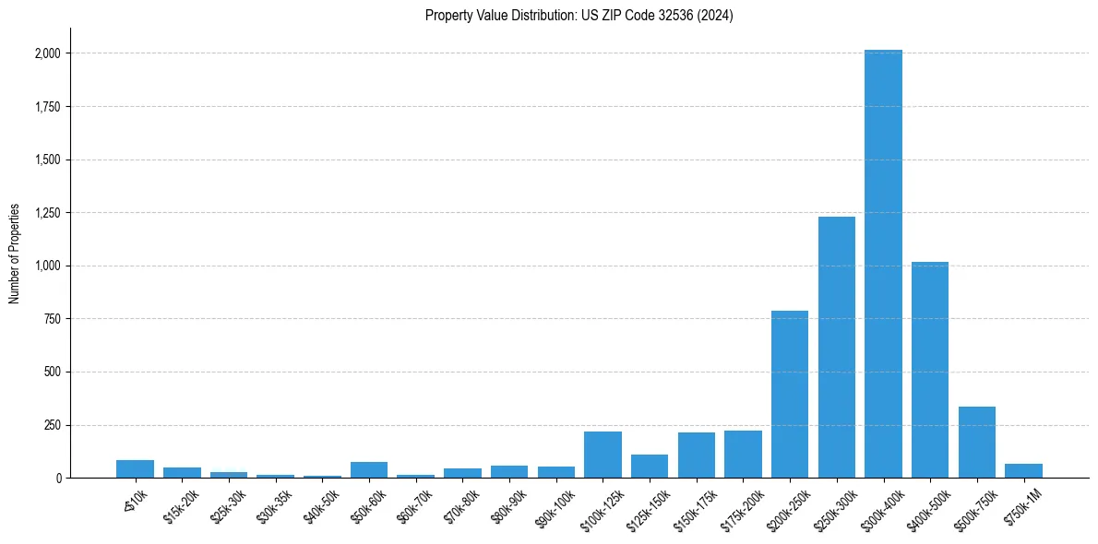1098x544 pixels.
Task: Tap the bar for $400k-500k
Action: pyautogui.click(x=930, y=370)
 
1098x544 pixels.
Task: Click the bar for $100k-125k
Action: pyautogui.click(x=603, y=455)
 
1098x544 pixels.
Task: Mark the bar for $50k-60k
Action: pyautogui.click(x=369, y=469)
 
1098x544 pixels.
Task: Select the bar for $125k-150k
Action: pyautogui.click(x=650, y=466)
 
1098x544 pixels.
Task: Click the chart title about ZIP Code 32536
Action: pyautogui.click(x=579, y=16)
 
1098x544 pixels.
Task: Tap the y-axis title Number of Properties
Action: pyautogui.click(x=15, y=254)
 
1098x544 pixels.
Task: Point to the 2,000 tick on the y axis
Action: pyautogui.click(x=47, y=53)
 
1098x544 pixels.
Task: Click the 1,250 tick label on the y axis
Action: pyautogui.click(x=47, y=213)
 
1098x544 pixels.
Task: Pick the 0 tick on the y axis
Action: pyautogui.click(x=59, y=478)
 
